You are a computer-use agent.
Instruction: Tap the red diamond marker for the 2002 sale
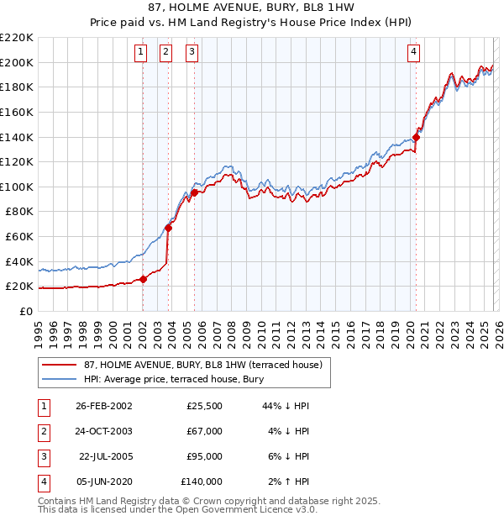pos(143,280)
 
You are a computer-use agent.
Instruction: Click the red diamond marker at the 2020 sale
pos(416,138)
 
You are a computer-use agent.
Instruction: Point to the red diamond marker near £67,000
pos(168,227)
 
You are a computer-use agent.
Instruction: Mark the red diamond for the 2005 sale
pos(194,192)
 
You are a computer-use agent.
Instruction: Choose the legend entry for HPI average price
pos(173,379)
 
